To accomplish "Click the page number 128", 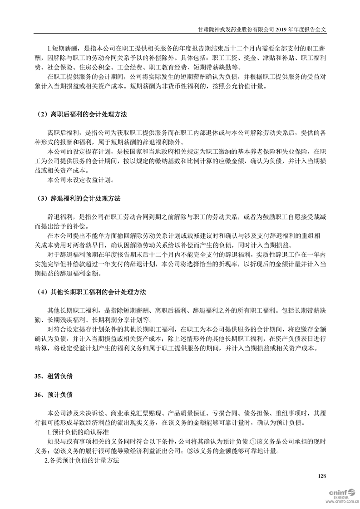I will click(322, 475).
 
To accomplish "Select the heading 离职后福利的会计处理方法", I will click(84, 113).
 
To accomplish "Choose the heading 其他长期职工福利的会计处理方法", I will click(91, 291).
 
